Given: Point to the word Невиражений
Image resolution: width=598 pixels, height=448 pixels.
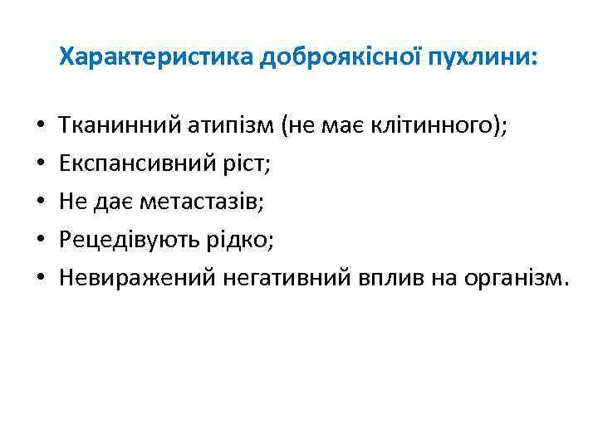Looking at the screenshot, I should click(x=137, y=279).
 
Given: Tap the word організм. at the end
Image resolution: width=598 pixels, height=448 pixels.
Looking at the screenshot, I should click(x=518, y=279).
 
